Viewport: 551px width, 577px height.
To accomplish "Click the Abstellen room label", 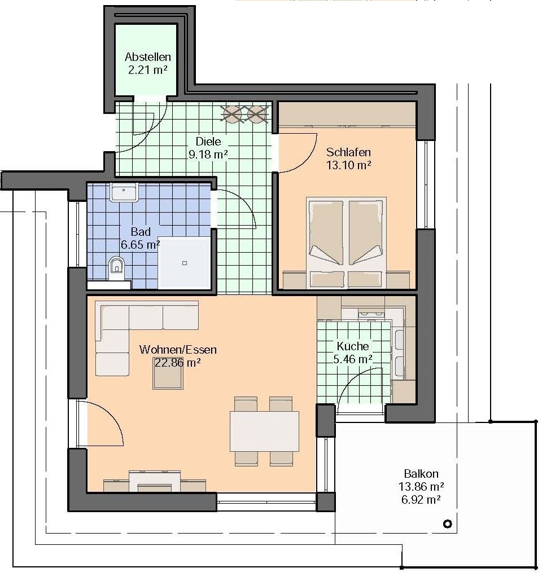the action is tap(148, 57).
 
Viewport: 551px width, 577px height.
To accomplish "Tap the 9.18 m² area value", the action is tap(208, 154).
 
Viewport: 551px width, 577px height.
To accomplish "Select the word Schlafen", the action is tap(348, 152).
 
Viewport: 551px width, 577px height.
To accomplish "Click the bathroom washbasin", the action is tap(124, 192).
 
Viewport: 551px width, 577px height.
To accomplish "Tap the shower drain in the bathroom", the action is tap(185, 263).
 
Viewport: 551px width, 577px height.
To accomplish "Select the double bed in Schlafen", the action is tap(346, 243).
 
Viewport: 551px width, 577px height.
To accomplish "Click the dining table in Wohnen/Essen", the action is tap(264, 431).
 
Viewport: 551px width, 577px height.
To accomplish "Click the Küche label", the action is tap(353, 346).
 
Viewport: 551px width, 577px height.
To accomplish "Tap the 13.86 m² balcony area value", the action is tap(421, 487).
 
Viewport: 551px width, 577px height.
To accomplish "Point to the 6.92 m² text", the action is tap(421, 499).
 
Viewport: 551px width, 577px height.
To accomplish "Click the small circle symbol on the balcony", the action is tap(448, 523).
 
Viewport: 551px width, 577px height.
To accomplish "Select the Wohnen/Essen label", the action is tap(178, 350).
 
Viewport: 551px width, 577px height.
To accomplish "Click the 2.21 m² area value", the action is tap(148, 70).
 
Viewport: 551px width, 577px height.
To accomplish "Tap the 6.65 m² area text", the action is tap(141, 244).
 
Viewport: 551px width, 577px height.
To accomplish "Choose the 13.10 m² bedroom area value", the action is tap(348, 165).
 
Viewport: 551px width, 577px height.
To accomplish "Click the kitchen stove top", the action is tap(371, 314).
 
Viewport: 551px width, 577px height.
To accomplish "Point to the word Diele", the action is tap(208, 142).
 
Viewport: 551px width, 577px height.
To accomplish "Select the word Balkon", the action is tap(421, 474).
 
